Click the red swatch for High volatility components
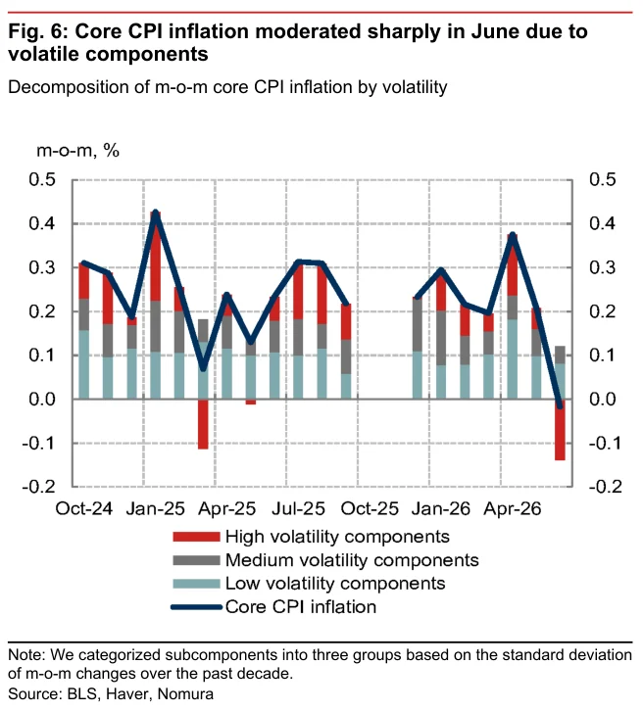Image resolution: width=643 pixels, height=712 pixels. [x=196, y=537]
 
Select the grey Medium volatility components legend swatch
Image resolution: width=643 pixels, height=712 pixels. [x=196, y=560]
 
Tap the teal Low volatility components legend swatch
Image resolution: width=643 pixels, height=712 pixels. [x=196, y=584]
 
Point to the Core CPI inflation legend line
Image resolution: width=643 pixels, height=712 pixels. [x=196, y=607]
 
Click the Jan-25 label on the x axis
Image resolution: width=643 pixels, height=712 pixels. [x=156, y=509]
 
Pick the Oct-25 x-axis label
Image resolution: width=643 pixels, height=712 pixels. [x=370, y=509]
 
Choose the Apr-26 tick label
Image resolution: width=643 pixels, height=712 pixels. [x=513, y=509]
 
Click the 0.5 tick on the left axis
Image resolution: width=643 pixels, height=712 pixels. [x=42, y=180]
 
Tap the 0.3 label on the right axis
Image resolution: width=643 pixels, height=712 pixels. [x=603, y=267]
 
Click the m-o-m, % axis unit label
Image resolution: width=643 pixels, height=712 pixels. [x=77, y=150]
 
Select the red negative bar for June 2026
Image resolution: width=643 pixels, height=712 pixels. [x=560, y=430]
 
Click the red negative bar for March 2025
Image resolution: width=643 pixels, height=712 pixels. [x=203, y=424]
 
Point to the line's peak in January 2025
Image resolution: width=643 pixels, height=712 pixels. [x=156, y=213]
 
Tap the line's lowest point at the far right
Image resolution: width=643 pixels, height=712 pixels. [x=560, y=406]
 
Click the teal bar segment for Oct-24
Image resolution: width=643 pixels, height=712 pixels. [x=84, y=364]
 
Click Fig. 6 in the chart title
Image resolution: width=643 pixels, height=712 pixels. [x=37, y=32]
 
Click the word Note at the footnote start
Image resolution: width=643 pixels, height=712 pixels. [x=26, y=655]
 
